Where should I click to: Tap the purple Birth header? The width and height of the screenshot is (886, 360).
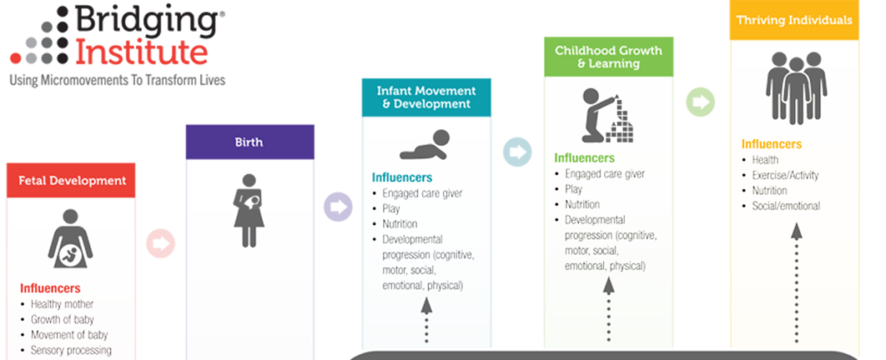point(249,142)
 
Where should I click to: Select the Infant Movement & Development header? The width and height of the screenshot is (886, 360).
point(427,97)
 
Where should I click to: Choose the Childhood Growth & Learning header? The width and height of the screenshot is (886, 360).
point(608,56)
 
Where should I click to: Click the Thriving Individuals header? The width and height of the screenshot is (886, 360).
point(794,20)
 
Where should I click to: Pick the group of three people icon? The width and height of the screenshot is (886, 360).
point(794,87)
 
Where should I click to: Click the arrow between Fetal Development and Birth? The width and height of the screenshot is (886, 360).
point(160,244)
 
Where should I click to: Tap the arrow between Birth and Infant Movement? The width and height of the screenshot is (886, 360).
point(337,207)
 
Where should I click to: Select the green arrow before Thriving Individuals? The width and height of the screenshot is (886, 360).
point(699,102)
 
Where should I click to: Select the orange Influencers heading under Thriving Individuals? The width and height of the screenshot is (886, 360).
point(772,145)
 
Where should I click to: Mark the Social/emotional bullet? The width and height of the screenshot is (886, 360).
point(786,206)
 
